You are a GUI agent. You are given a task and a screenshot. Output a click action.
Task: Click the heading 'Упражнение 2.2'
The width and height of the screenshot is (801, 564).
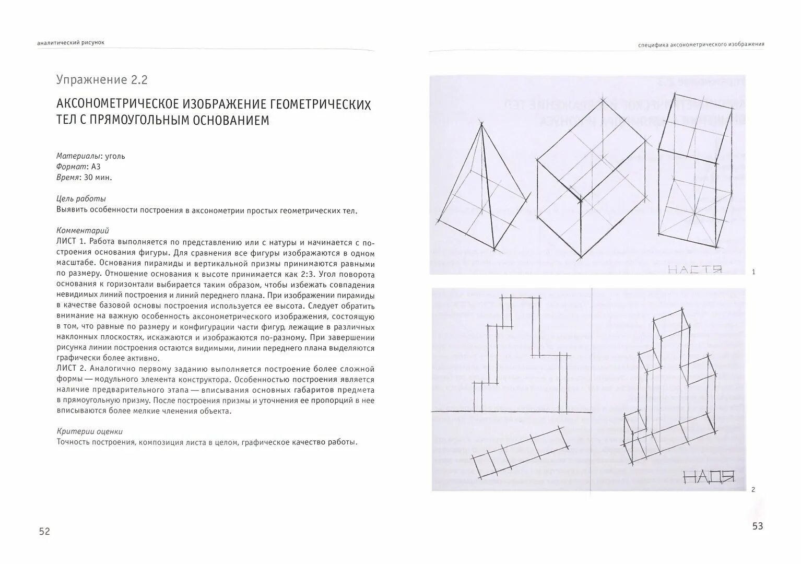tap(102, 80)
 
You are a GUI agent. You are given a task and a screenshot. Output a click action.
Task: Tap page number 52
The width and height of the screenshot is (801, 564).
tap(44, 531)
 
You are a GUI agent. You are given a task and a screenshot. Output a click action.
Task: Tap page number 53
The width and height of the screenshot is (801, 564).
tap(757, 526)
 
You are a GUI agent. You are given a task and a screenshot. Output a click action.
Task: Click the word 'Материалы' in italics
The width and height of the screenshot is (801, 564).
tap(79, 156)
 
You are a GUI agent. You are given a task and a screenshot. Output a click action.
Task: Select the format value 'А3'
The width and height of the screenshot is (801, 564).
tap(96, 167)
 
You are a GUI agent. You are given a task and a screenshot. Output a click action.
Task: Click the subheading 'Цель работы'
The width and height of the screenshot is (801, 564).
tap(81, 199)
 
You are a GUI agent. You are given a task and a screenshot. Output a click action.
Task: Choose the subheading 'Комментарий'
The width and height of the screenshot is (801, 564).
tap(82, 230)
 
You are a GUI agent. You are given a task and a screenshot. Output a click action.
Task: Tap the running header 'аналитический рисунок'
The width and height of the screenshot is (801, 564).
tap(71, 43)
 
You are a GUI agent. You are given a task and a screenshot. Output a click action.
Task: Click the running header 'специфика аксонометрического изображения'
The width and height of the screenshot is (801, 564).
tap(701, 44)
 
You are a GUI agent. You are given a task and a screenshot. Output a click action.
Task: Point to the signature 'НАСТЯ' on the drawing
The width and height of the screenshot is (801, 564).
tap(694, 270)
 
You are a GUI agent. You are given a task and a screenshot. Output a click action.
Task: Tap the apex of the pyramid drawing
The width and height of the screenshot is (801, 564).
tap(481, 123)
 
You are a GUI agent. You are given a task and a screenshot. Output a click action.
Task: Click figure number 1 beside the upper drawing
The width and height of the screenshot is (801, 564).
tap(753, 272)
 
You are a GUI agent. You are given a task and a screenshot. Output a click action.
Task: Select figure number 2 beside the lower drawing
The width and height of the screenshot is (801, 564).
tap(752, 489)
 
